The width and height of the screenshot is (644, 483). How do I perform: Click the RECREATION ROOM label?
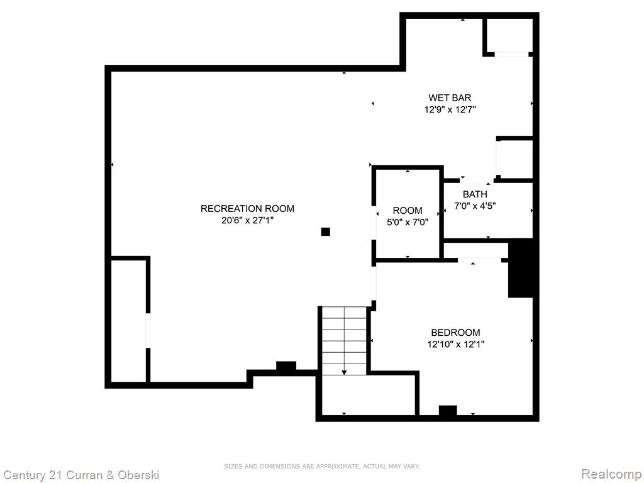coord(247,209)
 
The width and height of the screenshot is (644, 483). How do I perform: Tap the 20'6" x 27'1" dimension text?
coord(247,221)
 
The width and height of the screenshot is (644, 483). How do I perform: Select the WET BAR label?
coord(450,97)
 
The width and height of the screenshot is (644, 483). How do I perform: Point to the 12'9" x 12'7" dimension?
coord(450,109)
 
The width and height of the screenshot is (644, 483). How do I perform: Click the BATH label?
coord(475,194)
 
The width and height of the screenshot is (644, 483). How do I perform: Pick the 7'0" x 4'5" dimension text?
coord(475,206)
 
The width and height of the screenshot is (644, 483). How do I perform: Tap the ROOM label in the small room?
coord(408,211)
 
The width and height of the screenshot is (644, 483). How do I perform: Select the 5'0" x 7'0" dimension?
coord(408,223)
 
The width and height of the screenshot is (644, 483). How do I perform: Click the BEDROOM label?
coord(455,332)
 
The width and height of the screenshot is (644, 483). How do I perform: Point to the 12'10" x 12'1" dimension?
coord(455,344)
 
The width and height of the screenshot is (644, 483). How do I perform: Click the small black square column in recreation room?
coord(325,232)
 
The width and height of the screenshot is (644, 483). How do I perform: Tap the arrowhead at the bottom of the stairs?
coord(344,372)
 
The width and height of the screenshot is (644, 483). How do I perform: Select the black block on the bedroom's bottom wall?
coord(448,411)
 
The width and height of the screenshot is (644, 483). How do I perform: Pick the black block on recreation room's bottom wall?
coord(286,366)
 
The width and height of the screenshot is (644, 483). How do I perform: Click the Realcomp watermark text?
coord(612,474)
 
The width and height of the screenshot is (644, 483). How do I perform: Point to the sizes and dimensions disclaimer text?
coord(321,466)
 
